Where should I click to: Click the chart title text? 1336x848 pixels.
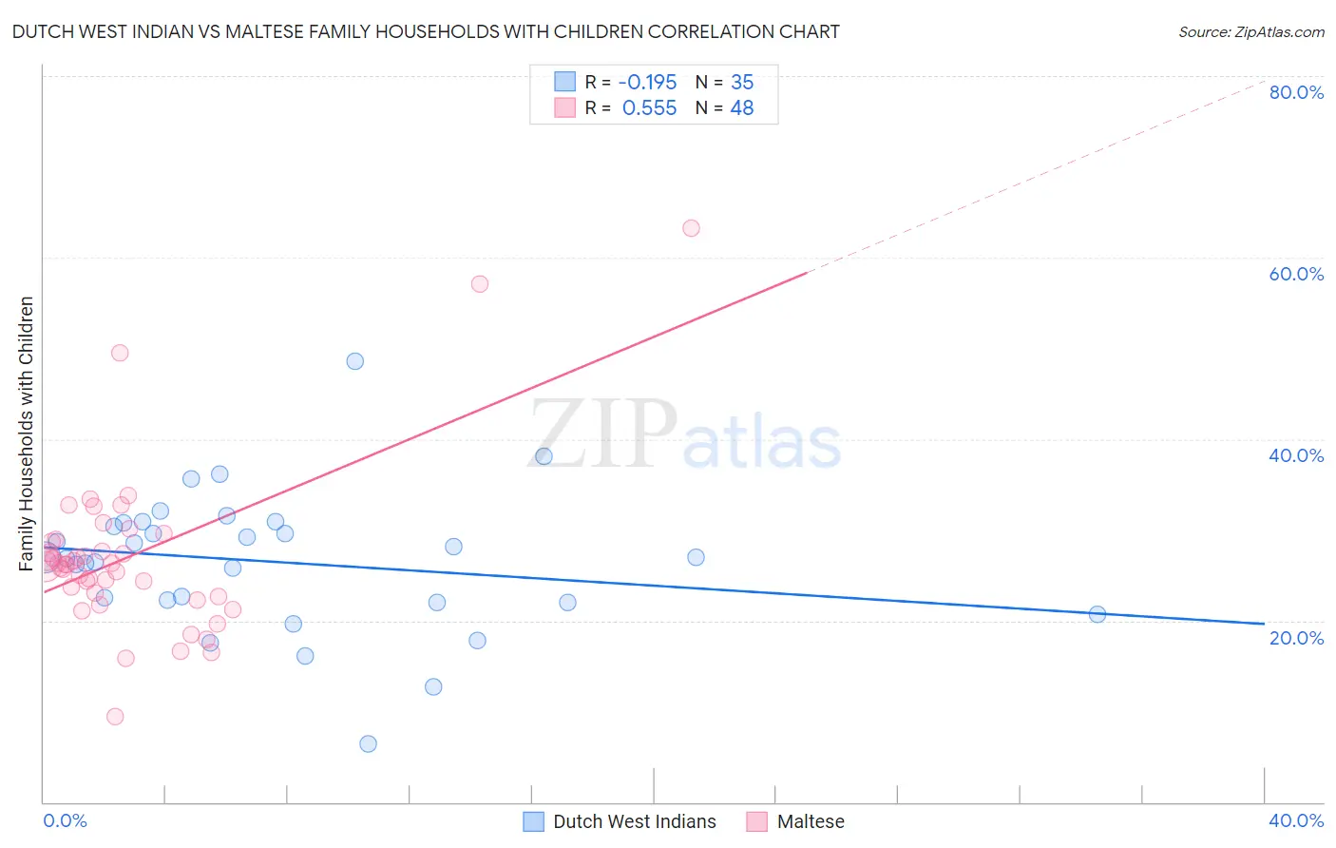tap(426, 31)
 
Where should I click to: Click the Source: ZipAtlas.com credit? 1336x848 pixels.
tap(1250, 31)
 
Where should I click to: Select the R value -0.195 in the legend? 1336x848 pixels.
tap(647, 82)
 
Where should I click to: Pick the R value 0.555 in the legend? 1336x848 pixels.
tap(649, 108)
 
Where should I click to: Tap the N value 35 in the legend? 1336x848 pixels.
tap(741, 82)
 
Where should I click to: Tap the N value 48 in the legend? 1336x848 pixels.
tap(741, 108)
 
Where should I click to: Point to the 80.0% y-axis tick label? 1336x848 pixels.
tap(1296, 92)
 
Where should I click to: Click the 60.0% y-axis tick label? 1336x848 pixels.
tap(1296, 274)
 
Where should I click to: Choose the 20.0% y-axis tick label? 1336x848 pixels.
tap(1296, 638)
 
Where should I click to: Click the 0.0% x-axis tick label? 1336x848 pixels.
tap(65, 820)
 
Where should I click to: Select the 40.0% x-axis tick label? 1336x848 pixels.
tap(1296, 820)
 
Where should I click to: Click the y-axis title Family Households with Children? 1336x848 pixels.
tap(27, 434)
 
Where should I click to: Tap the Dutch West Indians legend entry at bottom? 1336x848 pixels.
tap(634, 821)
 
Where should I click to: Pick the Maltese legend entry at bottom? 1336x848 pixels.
tap(810, 821)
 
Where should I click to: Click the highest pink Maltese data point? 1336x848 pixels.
tap(691, 228)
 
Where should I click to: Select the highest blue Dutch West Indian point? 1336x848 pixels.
tap(355, 361)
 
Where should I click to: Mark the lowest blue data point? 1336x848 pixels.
tap(368, 743)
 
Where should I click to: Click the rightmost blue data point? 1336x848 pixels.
tap(1097, 614)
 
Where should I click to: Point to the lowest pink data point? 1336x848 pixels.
tap(115, 717)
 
